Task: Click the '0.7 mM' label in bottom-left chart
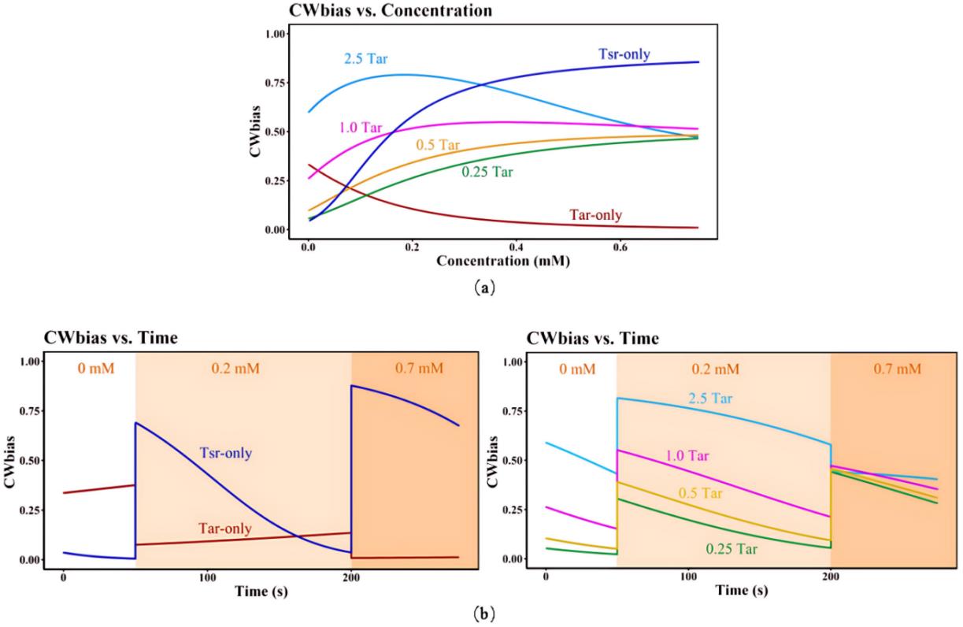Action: [413, 369]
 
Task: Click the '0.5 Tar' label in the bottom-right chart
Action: [702, 493]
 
